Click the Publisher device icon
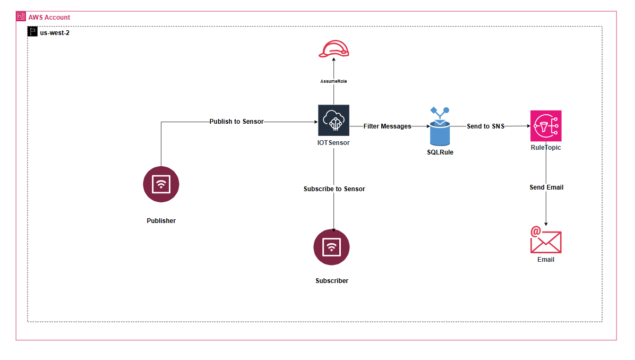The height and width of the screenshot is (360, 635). click(x=161, y=185)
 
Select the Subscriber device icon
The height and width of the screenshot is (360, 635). click(x=332, y=247)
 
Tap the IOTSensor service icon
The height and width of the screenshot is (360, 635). click(x=333, y=121)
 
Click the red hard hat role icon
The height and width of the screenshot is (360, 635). click(x=333, y=49)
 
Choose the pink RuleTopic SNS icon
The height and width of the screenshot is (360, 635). click(x=545, y=126)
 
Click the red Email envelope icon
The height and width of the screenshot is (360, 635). click(x=545, y=241)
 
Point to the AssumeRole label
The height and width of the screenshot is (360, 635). click(x=333, y=81)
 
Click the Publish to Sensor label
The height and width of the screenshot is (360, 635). click(x=236, y=122)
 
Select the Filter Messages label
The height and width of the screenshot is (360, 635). click(x=387, y=126)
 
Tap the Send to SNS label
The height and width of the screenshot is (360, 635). click(x=485, y=126)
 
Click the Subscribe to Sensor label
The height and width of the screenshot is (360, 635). click(x=334, y=189)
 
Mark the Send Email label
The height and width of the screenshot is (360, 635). click(x=546, y=187)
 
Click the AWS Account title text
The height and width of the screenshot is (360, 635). click(x=49, y=18)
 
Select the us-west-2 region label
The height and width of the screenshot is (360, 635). click(x=55, y=33)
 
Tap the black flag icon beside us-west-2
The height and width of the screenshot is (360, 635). click(x=32, y=32)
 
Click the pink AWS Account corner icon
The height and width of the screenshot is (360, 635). click(x=21, y=16)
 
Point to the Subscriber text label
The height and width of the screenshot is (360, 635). click(x=332, y=281)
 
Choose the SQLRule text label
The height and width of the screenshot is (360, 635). click(x=440, y=152)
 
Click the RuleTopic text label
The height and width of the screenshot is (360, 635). click(x=545, y=148)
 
